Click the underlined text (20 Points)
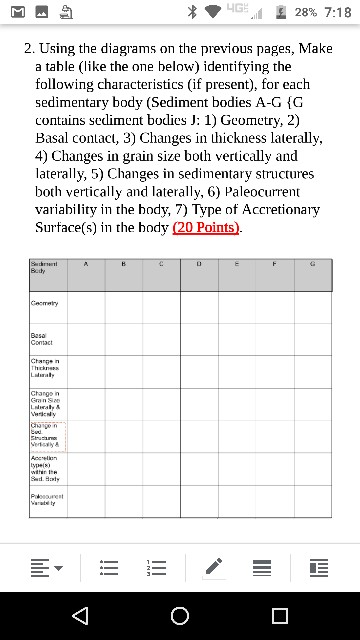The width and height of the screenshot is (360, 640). coord(208,227)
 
